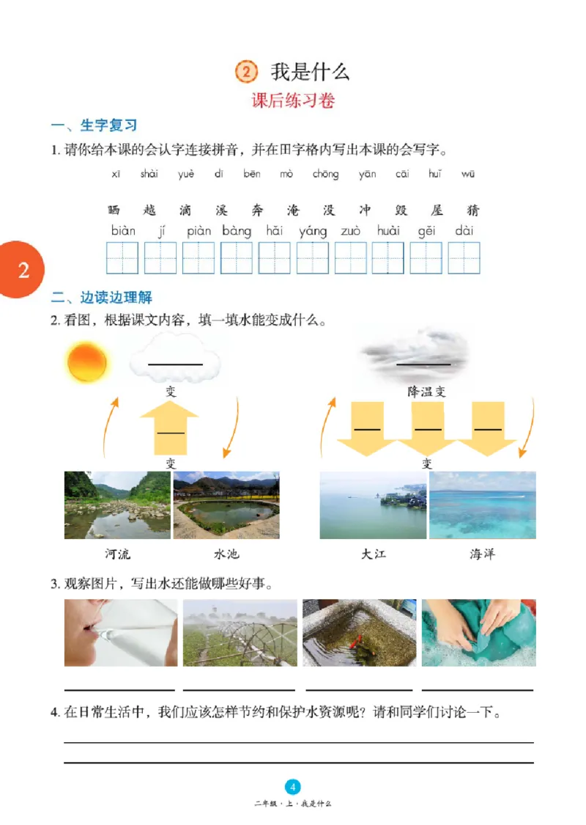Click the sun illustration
tap(87, 362)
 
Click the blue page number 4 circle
tap(293, 787)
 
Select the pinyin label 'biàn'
tap(123, 231)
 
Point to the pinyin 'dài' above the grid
tap(464, 231)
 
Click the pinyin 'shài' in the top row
tap(149, 174)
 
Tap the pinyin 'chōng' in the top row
tap(325, 174)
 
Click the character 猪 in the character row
tap(473, 210)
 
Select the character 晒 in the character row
tap(114, 210)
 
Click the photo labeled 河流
tap(117, 505)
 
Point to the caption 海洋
tap(482, 554)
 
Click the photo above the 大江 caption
tap(373, 505)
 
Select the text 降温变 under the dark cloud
tap(427, 392)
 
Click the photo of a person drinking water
tap(121, 632)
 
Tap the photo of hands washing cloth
tap(478, 632)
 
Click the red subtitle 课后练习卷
tap(293, 101)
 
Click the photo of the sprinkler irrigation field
tap(240, 632)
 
